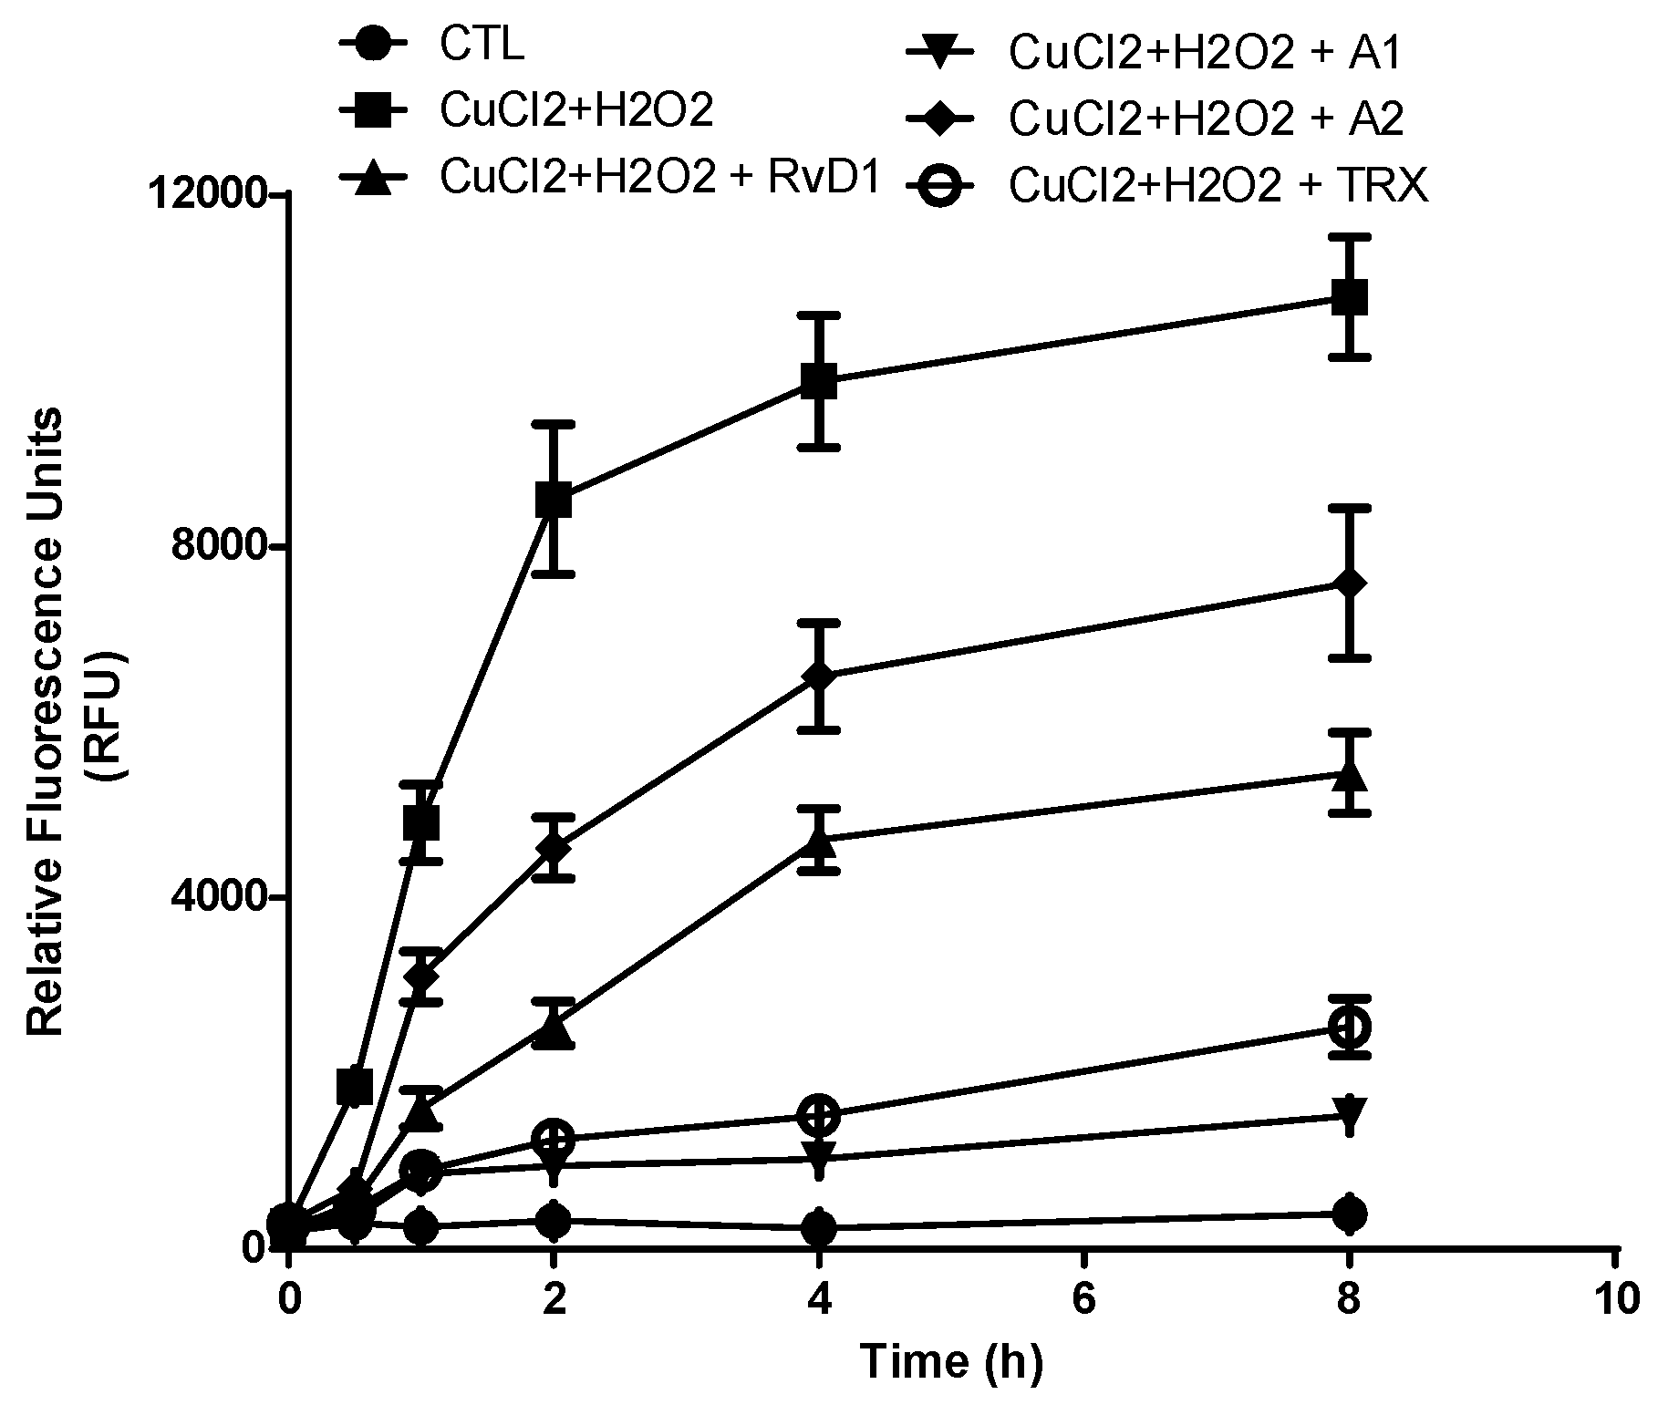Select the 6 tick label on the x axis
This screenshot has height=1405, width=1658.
click(1083, 1298)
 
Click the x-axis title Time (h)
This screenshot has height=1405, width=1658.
click(951, 1362)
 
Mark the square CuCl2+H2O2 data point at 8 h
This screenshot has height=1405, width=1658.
click(1350, 297)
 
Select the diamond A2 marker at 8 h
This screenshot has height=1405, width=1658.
click(1350, 584)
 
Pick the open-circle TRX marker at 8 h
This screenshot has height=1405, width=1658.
click(1350, 1027)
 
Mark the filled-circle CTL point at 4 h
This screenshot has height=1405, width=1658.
click(819, 1228)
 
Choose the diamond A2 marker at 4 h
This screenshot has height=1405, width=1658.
click(819, 676)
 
